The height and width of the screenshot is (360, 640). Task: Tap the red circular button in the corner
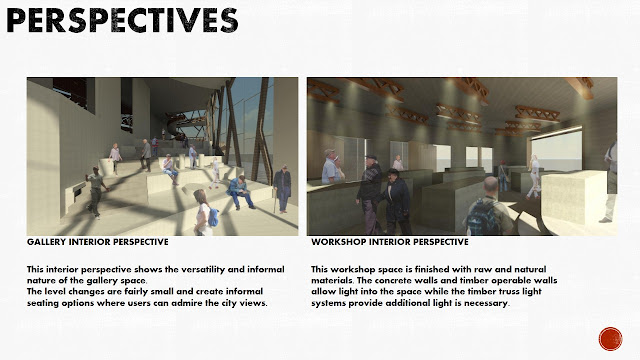(610, 338)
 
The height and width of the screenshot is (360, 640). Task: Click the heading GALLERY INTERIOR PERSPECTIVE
(96, 242)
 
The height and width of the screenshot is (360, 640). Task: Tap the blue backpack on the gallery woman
(213, 215)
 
